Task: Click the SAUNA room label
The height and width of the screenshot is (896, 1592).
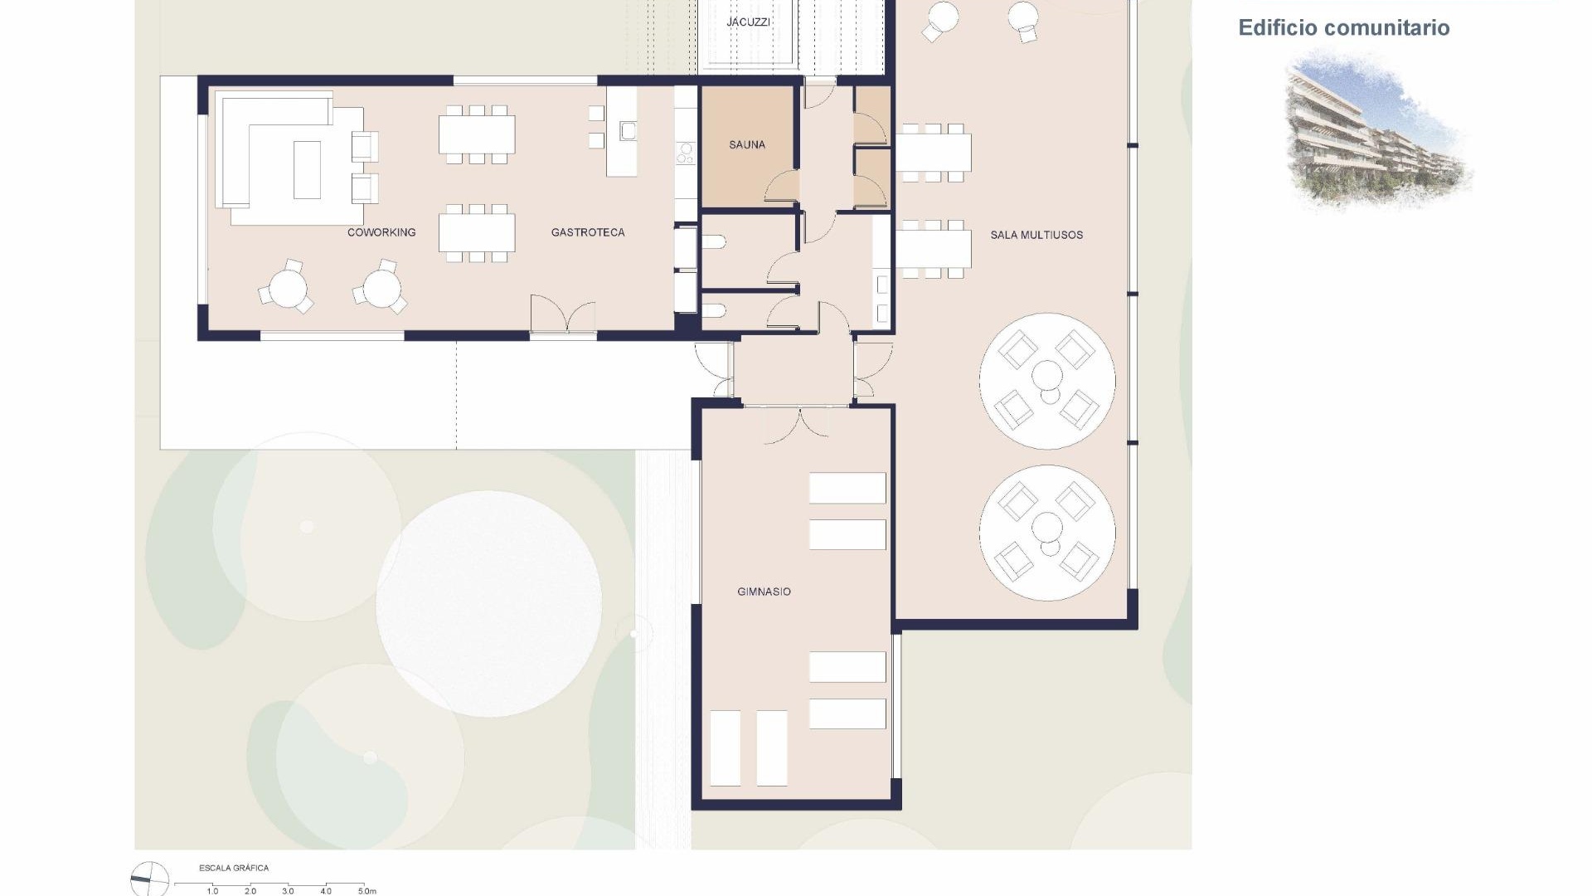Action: [x=746, y=144]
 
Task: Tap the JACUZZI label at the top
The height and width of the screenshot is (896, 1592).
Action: [x=748, y=22]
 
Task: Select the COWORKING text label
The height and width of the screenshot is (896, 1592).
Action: [x=381, y=232]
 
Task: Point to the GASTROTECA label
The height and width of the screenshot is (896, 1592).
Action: [x=588, y=232]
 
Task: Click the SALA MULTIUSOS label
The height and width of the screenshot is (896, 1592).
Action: [x=1036, y=235]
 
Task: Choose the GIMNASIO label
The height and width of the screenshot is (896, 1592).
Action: [x=764, y=592]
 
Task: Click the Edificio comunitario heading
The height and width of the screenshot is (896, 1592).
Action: [x=1343, y=27]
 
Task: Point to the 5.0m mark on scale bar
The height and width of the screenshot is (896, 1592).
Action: [x=366, y=891]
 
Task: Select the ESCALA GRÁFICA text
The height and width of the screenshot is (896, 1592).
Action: [x=234, y=868]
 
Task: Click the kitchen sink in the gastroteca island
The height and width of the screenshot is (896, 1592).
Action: [x=628, y=130]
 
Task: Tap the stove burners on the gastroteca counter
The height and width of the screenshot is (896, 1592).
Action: [x=685, y=153]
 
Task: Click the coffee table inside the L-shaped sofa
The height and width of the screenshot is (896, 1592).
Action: [x=307, y=169]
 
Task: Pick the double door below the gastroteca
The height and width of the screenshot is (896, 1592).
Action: [x=563, y=317]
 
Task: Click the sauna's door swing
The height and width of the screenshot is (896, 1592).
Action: [x=782, y=187]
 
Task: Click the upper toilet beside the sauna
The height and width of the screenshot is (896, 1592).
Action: [x=715, y=242]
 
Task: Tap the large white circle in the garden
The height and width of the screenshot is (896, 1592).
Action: [x=488, y=603]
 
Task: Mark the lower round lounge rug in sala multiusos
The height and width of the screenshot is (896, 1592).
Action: [x=1047, y=533]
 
